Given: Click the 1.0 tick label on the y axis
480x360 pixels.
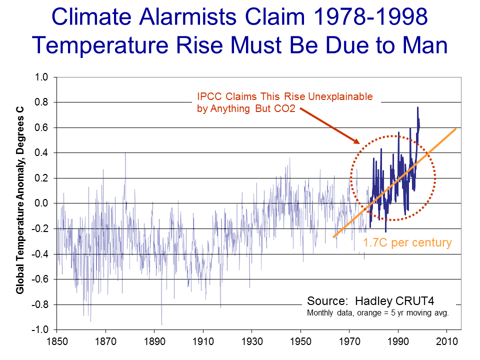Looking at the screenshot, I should click(x=41, y=77).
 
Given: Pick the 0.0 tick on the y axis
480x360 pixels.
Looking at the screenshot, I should click(x=41, y=203).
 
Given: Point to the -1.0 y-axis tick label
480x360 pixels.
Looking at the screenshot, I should click(x=39, y=330).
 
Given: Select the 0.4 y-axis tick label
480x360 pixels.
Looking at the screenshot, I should click(x=41, y=153).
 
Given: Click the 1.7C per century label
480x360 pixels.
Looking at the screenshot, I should click(x=407, y=243).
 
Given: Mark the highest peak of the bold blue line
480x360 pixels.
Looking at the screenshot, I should click(x=417, y=107).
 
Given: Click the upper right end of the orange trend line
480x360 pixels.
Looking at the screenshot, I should click(x=455, y=128).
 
